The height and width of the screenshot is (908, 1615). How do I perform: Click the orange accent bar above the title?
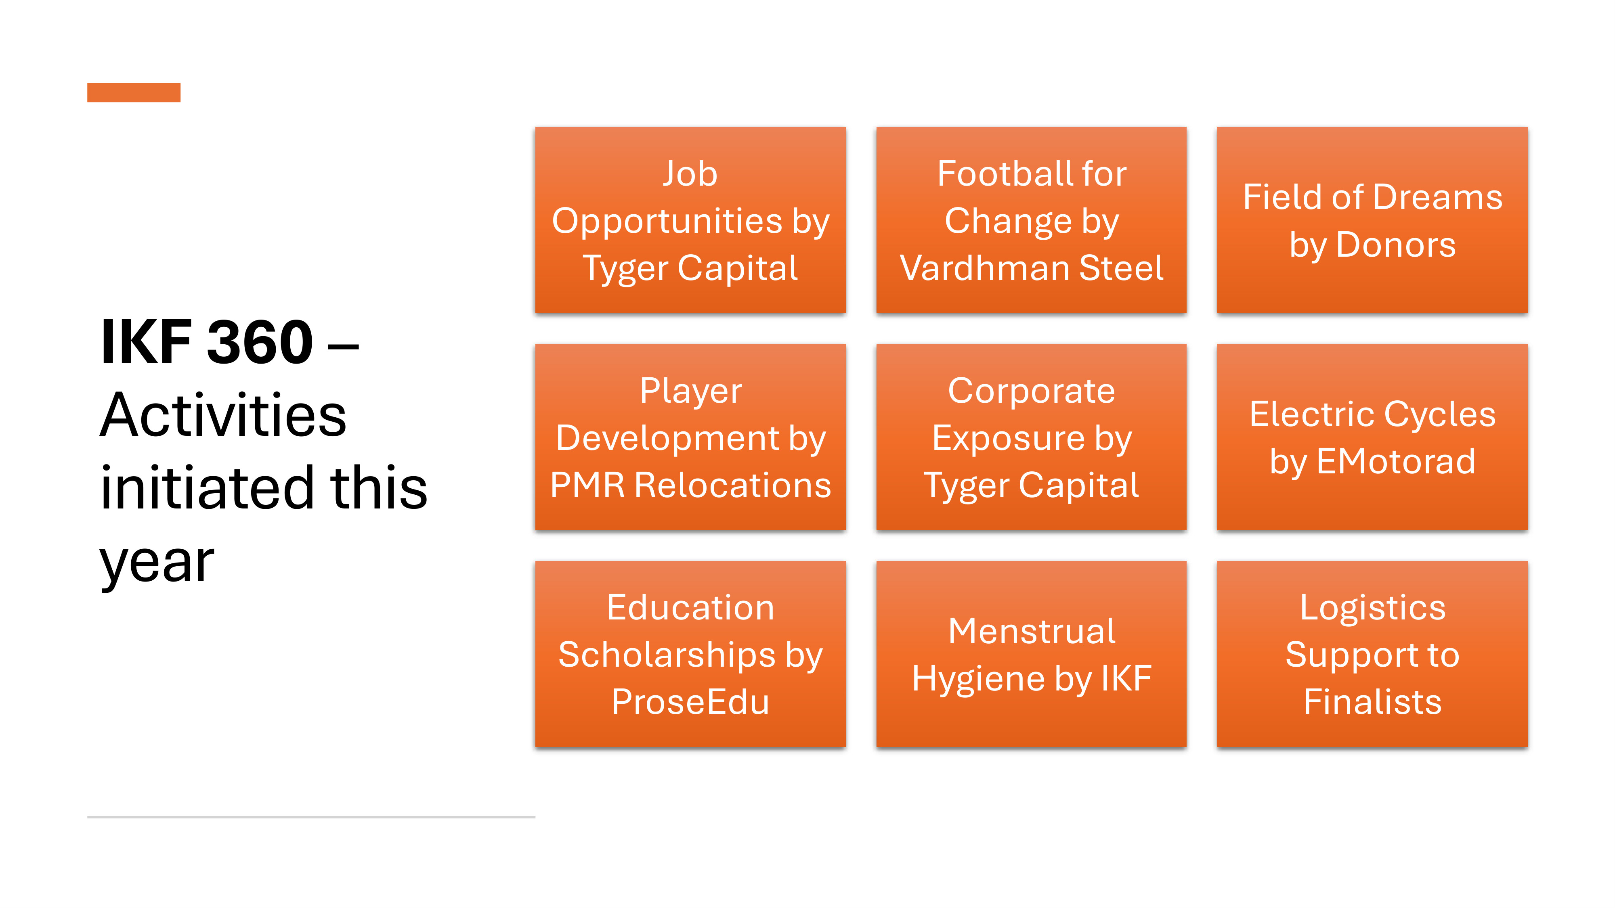pyautogui.click(x=134, y=92)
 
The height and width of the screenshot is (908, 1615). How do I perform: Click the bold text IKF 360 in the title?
pyautogui.click(x=207, y=342)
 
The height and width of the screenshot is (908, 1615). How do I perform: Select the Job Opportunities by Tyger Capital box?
pyautogui.click(x=690, y=220)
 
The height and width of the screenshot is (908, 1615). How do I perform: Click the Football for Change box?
pyautogui.click(x=1031, y=220)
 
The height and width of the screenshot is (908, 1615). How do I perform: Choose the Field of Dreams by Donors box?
pyautogui.click(x=1372, y=220)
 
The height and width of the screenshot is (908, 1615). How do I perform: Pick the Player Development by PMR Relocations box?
pyautogui.click(x=690, y=437)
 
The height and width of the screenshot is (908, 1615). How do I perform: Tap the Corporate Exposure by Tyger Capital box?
pyautogui.click(x=1031, y=437)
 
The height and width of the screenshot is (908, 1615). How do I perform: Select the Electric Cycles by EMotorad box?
pyautogui.click(x=1372, y=437)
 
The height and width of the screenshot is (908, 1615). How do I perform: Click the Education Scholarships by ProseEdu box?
pyautogui.click(x=690, y=654)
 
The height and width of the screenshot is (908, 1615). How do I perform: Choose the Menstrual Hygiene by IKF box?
pyautogui.click(x=1031, y=654)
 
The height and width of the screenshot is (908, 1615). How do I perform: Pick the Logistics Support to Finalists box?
pyautogui.click(x=1372, y=654)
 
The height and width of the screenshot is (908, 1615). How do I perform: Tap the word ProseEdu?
pyautogui.click(x=690, y=702)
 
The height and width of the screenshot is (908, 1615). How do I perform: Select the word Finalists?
pyautogui.click(x=1372, y=702)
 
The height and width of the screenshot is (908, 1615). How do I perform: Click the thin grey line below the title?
pyautogui.click(x=311, y=817)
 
